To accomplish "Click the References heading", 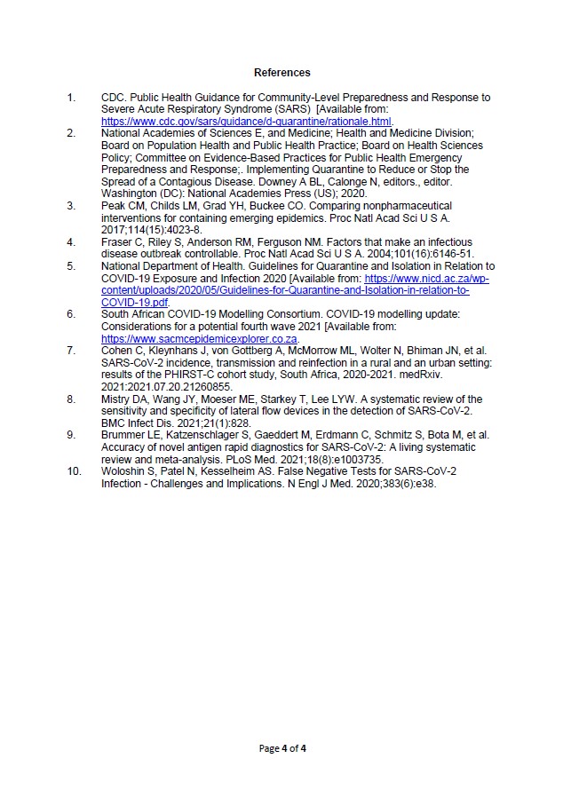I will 282,72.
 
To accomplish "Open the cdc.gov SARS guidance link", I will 247,121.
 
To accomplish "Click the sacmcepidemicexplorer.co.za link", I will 200,338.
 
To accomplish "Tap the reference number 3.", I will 71,205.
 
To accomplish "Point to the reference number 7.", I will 71,351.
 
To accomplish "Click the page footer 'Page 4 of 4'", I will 281,748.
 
